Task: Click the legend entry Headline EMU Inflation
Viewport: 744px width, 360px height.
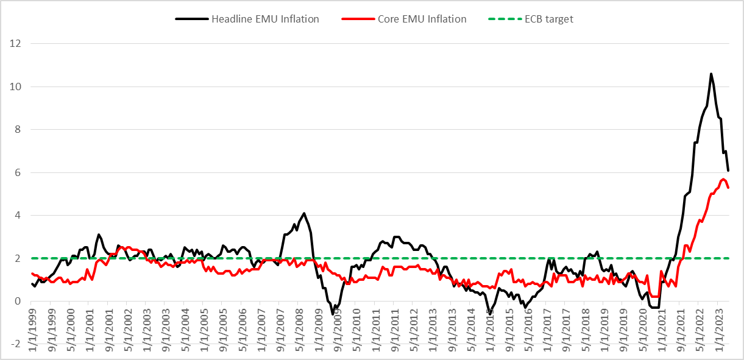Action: pos(265,19)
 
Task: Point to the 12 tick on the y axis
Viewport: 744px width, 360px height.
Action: pos(15,44)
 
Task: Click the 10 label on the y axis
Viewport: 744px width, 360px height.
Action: pos(15,86)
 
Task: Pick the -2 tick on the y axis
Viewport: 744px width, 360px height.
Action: pos(15,344)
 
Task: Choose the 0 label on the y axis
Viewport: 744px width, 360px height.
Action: pos(17,301)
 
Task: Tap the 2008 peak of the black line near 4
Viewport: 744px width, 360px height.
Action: pos(304,213)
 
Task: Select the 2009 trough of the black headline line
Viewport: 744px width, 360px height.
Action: pos(333,314)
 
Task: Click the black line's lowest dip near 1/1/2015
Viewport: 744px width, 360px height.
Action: pos(489,313)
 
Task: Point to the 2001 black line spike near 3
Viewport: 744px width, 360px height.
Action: pos(98,235)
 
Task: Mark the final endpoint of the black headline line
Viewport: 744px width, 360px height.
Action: pos(728,171)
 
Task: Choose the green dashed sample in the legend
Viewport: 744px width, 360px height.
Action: pos(503,19)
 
